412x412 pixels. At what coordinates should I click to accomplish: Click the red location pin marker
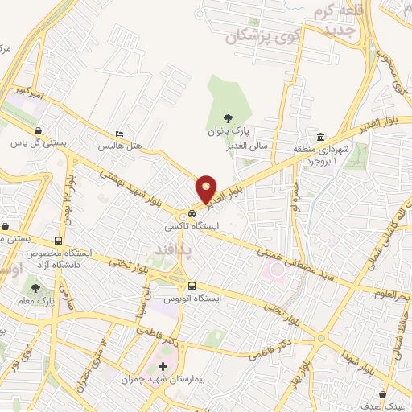pyautogui.click(x=207, y=190)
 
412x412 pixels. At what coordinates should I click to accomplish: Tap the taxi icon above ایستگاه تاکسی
pyautogui.click(x=192, y=214)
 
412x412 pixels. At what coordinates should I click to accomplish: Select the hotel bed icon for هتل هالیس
pyautogui.click(x=120, y=135)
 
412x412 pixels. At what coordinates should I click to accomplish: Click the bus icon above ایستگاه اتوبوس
pyautogui.click(x=192, y=286)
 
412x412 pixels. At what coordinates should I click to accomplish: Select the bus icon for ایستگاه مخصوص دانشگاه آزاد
pyautogui.click(x=58, y=241)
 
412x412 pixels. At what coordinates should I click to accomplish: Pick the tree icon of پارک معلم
pyautogui.click(x=35, y=287)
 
